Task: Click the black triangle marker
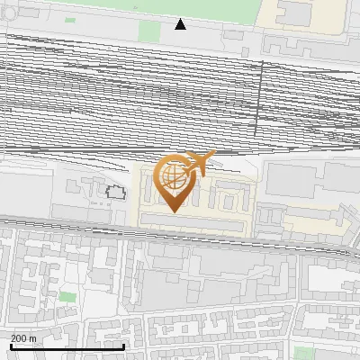pyautogui.click(x=180, y=24)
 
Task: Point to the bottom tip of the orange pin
pyautogui.click(x=174, y=211)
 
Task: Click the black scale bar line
pyautogui.click(x=67, y=346)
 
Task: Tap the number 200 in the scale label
pyautogui.click(x=19, y=338)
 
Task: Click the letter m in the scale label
pyautogui.click(x=33, y=338)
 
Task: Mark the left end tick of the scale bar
pyautogui.click(x=11, y=345)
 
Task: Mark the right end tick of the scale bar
pyautogui.click(x=123, y=345)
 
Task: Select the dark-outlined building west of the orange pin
pyautogui.click(x=114, y=191)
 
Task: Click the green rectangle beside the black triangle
pyautogui.click(x=149, y=31)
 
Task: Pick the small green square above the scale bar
pyautogui.click(x=67, y=296)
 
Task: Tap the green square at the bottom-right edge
pyautogui.click(x=304, y=352)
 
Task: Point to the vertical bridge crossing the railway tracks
pyautogui.click(x=261, y=99)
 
